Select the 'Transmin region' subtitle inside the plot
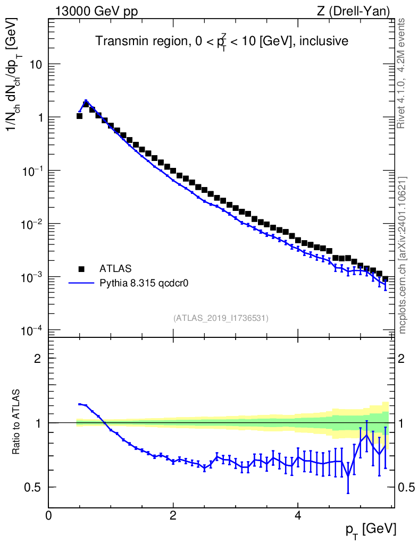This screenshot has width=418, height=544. pos(221,41)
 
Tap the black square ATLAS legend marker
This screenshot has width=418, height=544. pos(81,268)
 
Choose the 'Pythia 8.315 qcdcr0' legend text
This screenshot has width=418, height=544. pos(145,283)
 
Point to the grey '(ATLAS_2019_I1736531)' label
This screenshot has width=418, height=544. pos(221,318)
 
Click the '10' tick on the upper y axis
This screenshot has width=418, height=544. pos(35,64)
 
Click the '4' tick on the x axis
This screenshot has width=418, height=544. pos(298,516)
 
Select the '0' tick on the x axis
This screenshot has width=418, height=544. pos(49,516)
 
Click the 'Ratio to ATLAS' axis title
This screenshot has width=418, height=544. pos(18,422)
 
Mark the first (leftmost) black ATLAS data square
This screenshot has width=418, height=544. pos(80,116)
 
